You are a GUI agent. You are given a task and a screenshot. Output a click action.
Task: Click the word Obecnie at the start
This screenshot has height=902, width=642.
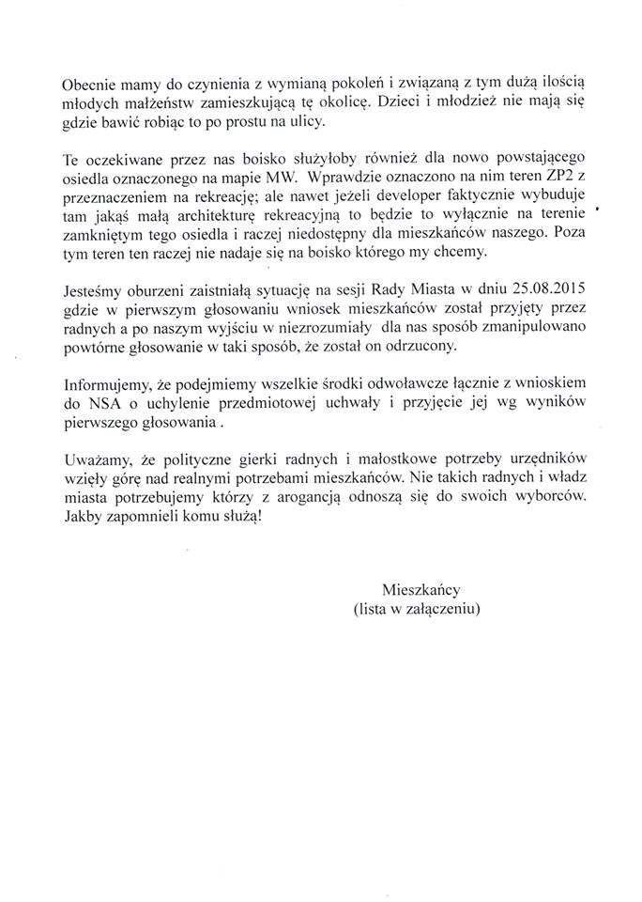(x=91, y=83)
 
